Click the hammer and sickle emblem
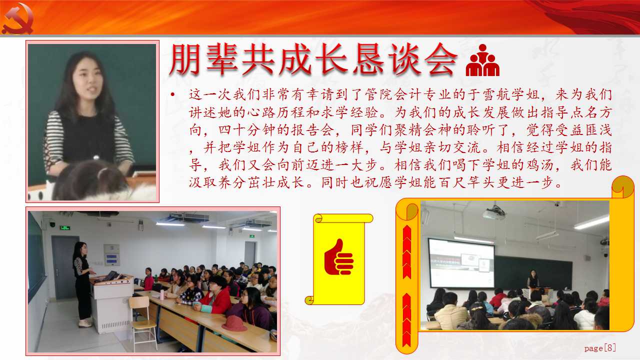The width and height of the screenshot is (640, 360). click(x=17, y=18)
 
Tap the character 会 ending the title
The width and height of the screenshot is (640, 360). click(x=441, y=59)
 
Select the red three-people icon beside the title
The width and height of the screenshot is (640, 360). click(x=482, y=60)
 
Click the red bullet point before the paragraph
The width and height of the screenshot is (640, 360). click(x=172, y=94)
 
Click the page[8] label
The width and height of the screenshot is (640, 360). click(x=600, y=348)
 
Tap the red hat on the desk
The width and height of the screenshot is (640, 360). click(x=234, y=323)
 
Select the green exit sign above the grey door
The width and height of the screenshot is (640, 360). click(x=65, y=227)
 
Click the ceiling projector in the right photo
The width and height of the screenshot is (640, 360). click(x=494, y=213)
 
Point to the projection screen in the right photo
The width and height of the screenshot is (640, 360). click(x=461, y=263)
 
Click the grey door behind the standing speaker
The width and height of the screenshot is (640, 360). click(x=64, y=267)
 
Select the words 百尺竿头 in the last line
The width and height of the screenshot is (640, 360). click(x=466, y=182)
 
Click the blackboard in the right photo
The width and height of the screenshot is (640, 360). click(x=533, y=271)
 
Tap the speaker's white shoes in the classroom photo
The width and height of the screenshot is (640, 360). click(x=85, y=323)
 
